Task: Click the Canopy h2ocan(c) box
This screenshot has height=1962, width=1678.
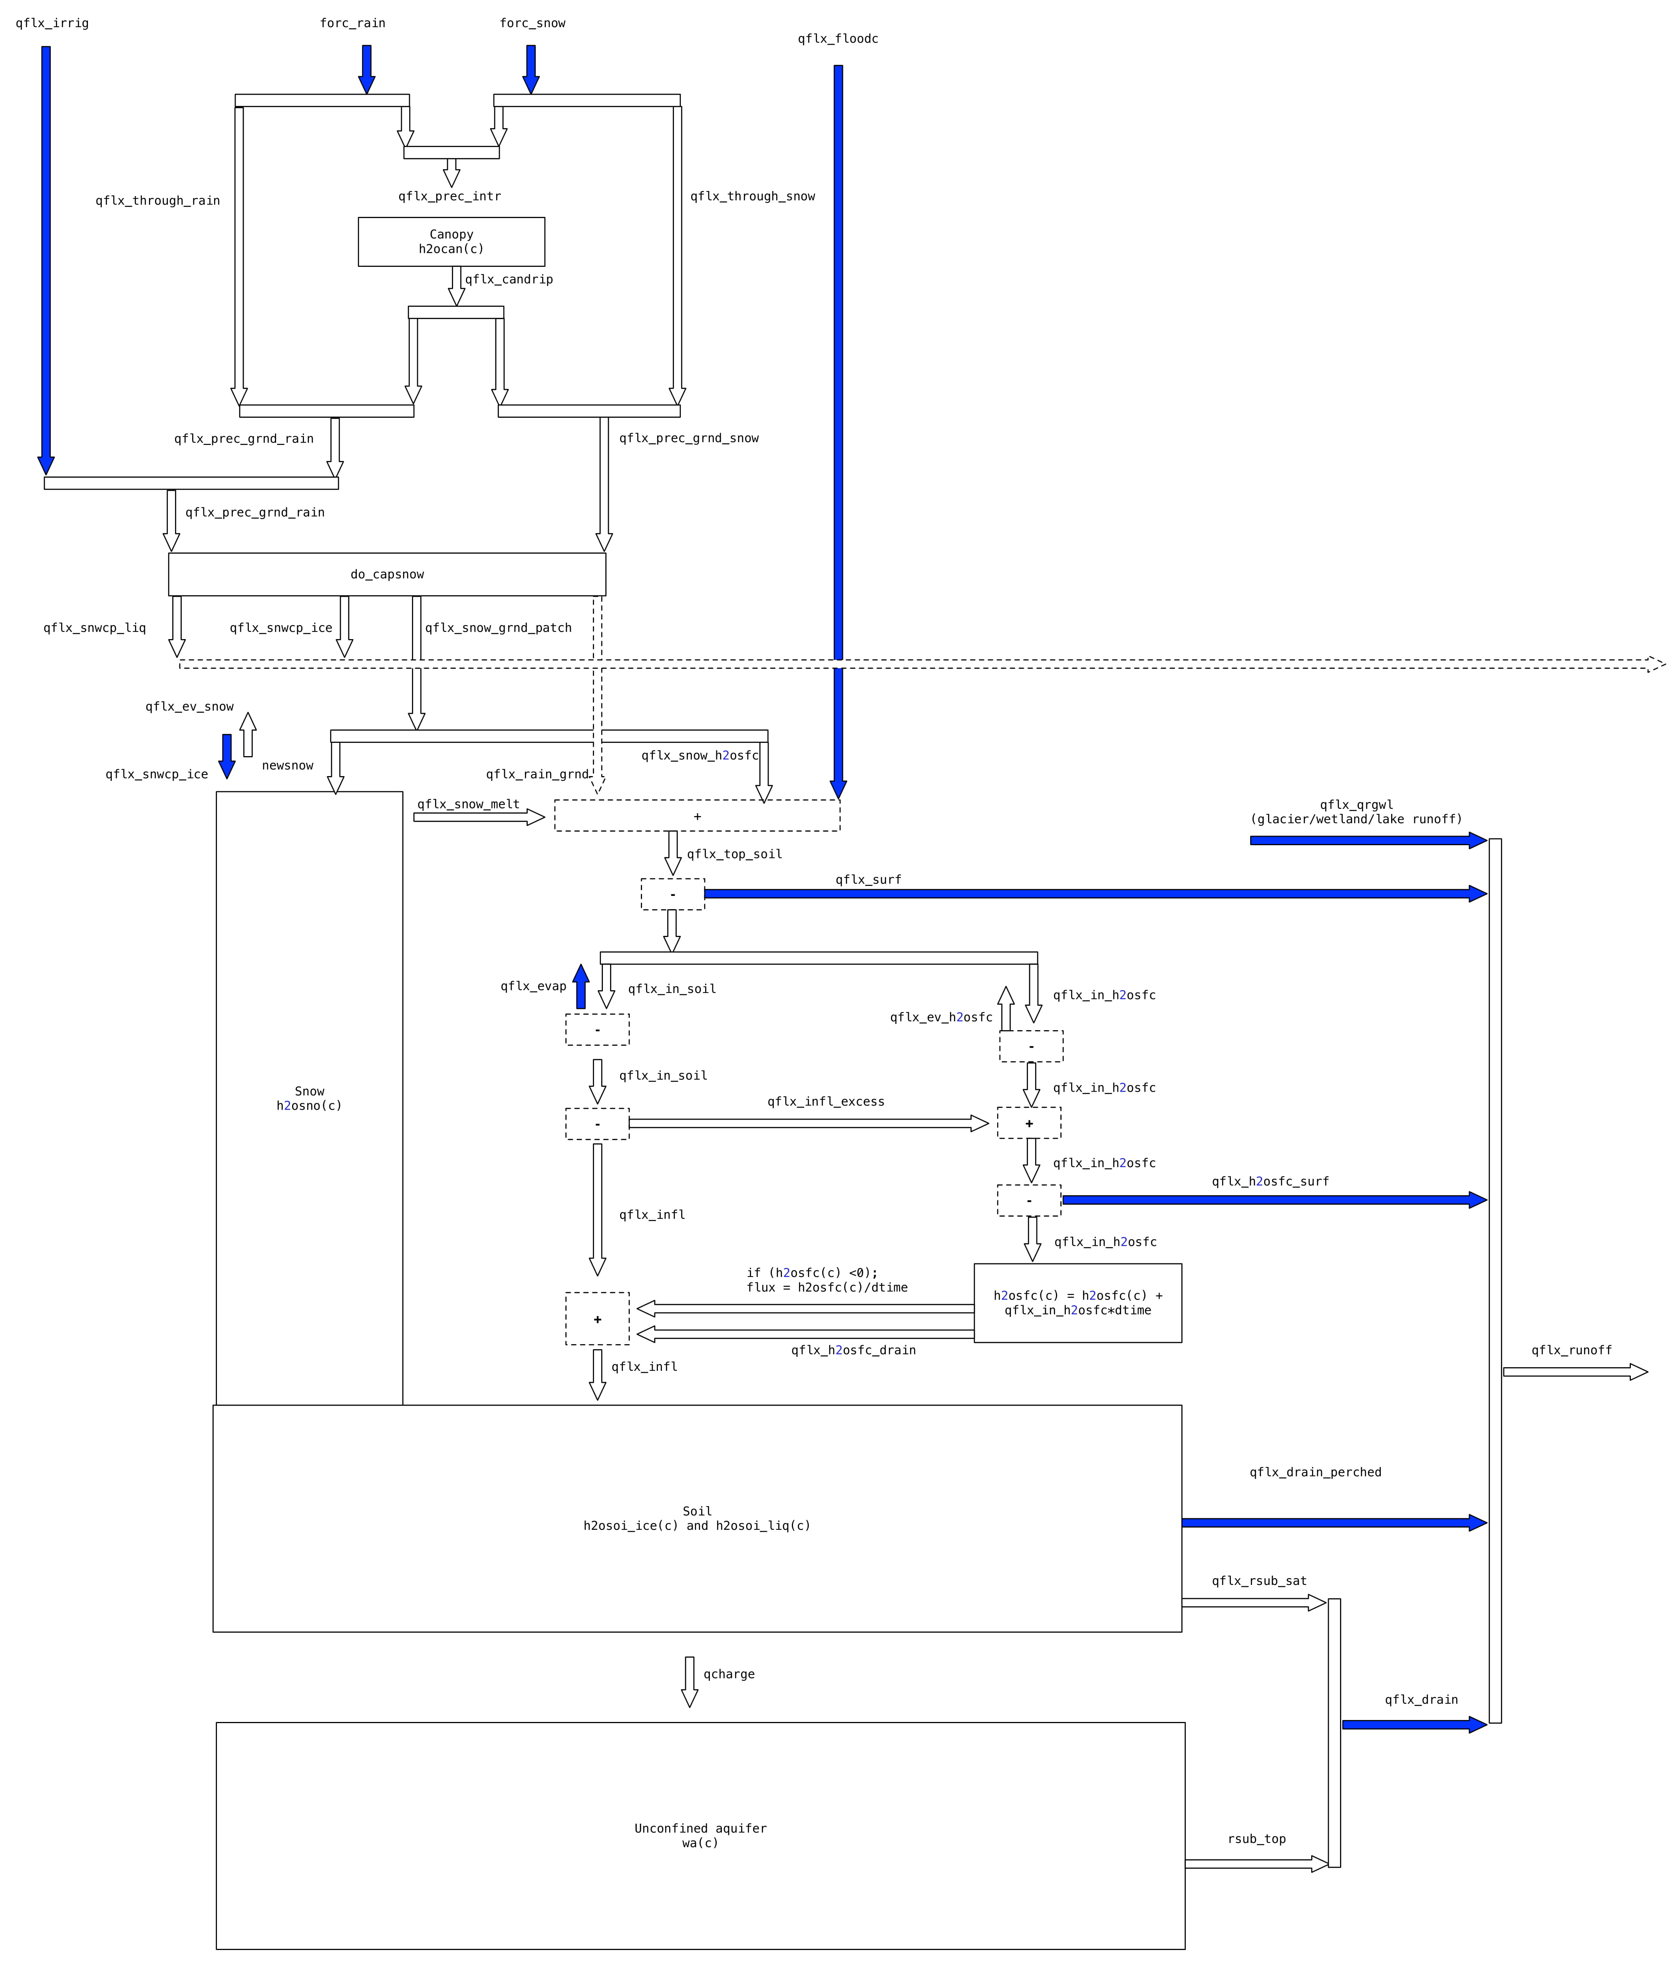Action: [x=451, y=242]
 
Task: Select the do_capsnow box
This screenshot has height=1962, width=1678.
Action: [x=386, y=574]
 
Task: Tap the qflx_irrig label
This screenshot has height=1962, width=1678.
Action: [x=52, y=23]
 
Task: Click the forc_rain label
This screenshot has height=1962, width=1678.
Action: [x=352, y=23]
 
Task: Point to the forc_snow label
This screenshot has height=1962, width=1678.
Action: [x=532, y=23]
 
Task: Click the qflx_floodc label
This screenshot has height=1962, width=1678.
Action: [x=837, y=39]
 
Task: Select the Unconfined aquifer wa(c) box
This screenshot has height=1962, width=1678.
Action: [x=700, y=1835]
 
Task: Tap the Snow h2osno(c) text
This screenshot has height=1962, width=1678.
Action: [x=309, y=1098]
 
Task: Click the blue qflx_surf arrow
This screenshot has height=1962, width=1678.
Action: [x=1089, y=893]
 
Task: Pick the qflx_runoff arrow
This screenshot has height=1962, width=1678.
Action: [x=1574, y=1371]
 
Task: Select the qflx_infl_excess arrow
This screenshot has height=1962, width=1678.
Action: [x=807, y=1123]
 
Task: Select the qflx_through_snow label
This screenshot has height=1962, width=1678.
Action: [x=752, y=196]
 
